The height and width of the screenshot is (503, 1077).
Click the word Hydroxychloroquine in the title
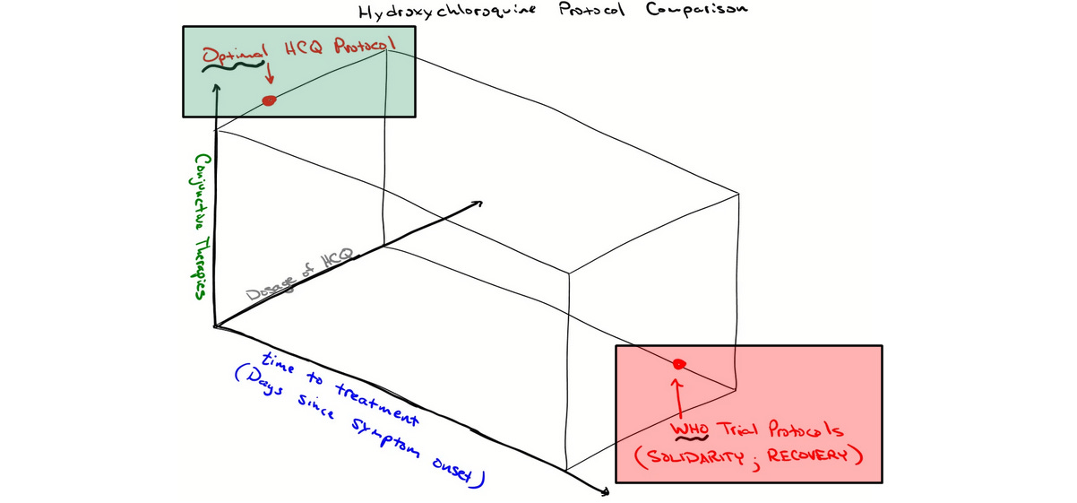(436, 14)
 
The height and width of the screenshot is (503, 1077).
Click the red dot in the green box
(268, 100)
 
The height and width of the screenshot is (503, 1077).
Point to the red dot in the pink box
(679, 363)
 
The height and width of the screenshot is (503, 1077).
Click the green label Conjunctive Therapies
(201, 228)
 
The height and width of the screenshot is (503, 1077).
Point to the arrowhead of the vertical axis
(217, 87)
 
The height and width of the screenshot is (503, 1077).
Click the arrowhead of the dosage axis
(478, 204)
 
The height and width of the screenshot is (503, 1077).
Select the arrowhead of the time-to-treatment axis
(607, 491)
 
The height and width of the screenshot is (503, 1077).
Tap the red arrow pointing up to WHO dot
(678, 395)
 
